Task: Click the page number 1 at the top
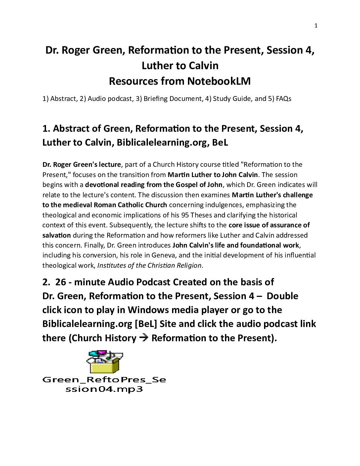pos(316,26)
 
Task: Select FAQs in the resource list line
pos(283,99)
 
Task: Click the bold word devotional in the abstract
pos(103,185)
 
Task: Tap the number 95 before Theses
pos(184,215)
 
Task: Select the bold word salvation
pos(57,235)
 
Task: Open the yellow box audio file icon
pos(104,362)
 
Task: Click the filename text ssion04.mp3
pos(104,389)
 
